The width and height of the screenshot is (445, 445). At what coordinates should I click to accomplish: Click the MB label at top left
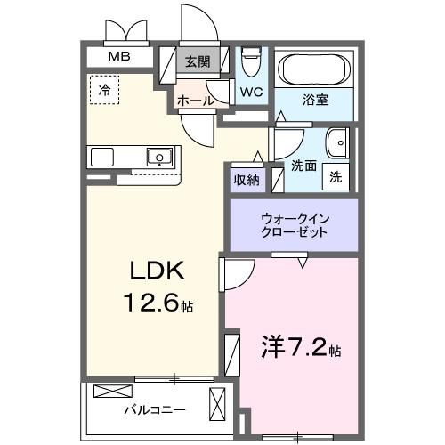tap(117, 57)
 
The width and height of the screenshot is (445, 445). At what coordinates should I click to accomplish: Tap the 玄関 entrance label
tap(198, 62)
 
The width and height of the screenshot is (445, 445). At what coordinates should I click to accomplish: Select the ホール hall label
tap(196, 101)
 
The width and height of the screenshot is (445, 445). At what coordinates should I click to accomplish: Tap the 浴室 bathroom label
tap(316, 100)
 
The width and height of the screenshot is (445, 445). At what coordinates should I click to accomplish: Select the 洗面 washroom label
tap(303, 165)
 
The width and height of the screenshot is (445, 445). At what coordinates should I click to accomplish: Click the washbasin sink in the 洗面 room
tap(338, 144)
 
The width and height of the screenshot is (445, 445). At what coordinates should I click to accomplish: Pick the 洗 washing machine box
tap(336, 175)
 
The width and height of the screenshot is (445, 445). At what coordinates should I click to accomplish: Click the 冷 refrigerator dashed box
tap(105, 90)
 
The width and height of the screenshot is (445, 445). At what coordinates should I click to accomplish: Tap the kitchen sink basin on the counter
tap(159, 158)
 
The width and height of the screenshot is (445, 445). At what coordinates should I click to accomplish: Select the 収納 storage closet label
tap(247, 180)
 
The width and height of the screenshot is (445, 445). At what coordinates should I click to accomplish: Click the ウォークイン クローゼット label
tap(294, 224)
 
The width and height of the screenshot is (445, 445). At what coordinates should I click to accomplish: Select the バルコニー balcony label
tap(154, 410)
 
